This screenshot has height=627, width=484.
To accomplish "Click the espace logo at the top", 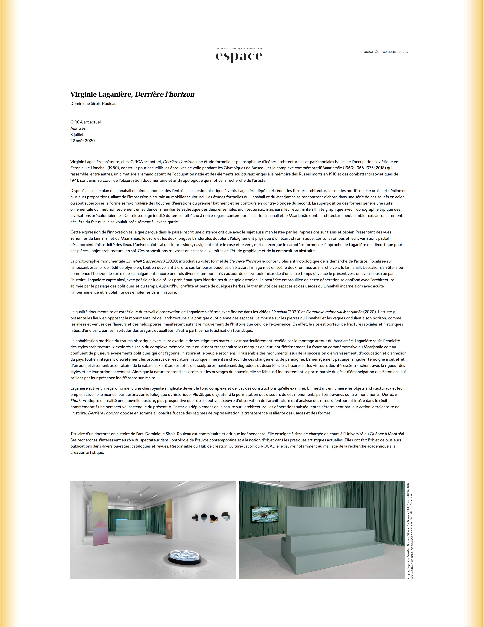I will (x=239, y=57).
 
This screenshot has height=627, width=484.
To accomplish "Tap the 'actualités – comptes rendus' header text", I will (x=386, y=52).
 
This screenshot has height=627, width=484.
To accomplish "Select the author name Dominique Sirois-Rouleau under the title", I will (x=93, y=104).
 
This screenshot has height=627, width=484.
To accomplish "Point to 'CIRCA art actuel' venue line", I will (x=85, y=122).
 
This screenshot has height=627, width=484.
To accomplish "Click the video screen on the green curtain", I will (x=264, y=514).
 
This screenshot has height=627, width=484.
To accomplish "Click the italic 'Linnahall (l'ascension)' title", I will (x=145, y=261).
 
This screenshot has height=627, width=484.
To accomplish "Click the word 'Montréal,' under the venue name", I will (x=79, y=128).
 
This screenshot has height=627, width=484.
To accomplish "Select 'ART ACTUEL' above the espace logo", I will (x=223, y=49).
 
